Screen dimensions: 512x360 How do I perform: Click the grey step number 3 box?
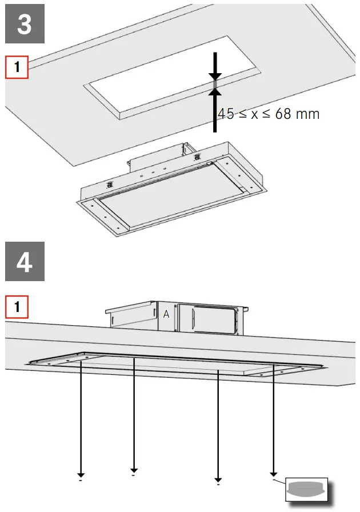25,23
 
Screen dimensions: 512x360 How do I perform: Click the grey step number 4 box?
25,261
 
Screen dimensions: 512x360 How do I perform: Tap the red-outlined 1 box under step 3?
17,67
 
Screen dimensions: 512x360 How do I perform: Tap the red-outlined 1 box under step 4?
17,306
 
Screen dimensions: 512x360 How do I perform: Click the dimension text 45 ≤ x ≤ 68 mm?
269,114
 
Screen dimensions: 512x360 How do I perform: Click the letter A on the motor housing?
166,314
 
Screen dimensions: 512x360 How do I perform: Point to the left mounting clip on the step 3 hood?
107,184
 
